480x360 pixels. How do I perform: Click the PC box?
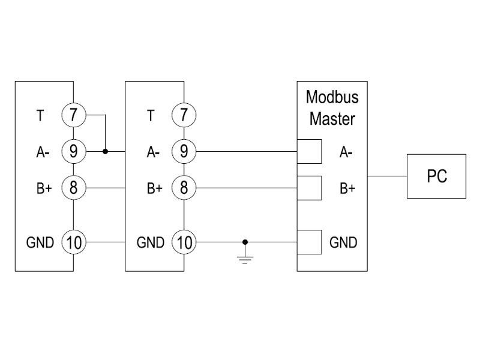point(437,176)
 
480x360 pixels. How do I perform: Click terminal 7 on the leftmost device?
point(73,115)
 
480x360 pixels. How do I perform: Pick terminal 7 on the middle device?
point(184,115)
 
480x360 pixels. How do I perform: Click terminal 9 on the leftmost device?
point(73,152)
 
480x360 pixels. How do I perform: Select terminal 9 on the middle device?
point(184,152)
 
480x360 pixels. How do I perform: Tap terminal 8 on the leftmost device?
point(73,188)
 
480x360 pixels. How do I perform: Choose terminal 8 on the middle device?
point(184,188)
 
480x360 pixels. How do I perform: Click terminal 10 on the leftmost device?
point(73,242)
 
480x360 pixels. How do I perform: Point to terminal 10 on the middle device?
point(184,242)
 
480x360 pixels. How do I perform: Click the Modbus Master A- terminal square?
point(310,152)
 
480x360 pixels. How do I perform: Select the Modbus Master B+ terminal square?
point(310,188)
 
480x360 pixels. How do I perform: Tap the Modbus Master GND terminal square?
point(310,242)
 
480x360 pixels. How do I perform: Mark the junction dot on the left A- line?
point(106,152)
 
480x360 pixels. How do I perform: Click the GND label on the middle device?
point(151,242)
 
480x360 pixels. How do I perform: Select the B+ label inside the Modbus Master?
point(347,188)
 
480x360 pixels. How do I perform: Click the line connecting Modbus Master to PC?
point(387,176)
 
